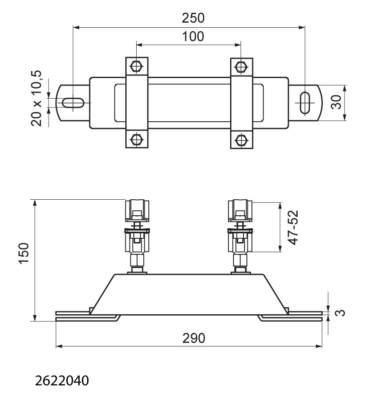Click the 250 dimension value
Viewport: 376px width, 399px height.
(x=193, y=18)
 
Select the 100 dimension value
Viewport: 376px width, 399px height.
(x=193, y=37)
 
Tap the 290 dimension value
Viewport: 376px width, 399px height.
(x=194, y=338)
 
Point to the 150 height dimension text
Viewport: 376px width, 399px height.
(x=24, y=253)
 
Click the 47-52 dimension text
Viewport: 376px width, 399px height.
(x=293, y=228)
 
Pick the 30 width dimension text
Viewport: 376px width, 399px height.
(x=336, y=102)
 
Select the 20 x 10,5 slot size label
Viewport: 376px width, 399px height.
(x=36, y=98)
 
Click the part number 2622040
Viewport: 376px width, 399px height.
(x=62, y=381)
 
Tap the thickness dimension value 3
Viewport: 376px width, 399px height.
(x=340, y=313)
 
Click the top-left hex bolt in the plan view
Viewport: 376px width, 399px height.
(x=137, y=66)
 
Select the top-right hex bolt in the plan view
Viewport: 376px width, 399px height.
(x=241, y=67)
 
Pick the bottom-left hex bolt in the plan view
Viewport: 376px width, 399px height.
(x=137, y=139)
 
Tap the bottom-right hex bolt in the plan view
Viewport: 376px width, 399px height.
(x=241, y=140)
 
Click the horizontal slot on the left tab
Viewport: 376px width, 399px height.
(x=73, y=103)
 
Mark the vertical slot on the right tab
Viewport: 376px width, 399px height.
(x=305, y=103)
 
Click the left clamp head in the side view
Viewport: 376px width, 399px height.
(x=137, y=211)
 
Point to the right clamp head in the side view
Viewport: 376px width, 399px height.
(x=240, y=211)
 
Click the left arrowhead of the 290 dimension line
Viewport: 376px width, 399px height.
(x=59, y=346)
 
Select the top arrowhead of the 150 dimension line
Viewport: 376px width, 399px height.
(x=35, y=203)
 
